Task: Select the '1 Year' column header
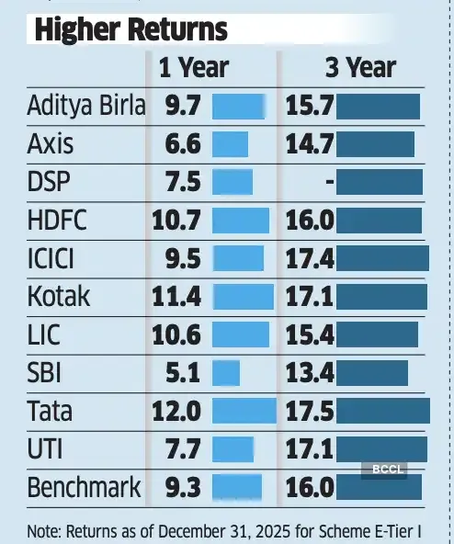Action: [193, 66]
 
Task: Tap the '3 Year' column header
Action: [360, 66]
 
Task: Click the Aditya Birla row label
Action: [86, 106]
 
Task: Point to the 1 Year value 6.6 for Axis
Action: [181, 143]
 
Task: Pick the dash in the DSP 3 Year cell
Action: [328, 181]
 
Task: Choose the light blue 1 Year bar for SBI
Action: [226, 371]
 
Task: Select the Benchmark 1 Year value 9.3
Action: [181, 485]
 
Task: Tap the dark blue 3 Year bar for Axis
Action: [375, 143]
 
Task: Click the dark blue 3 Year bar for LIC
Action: [377, 334]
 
